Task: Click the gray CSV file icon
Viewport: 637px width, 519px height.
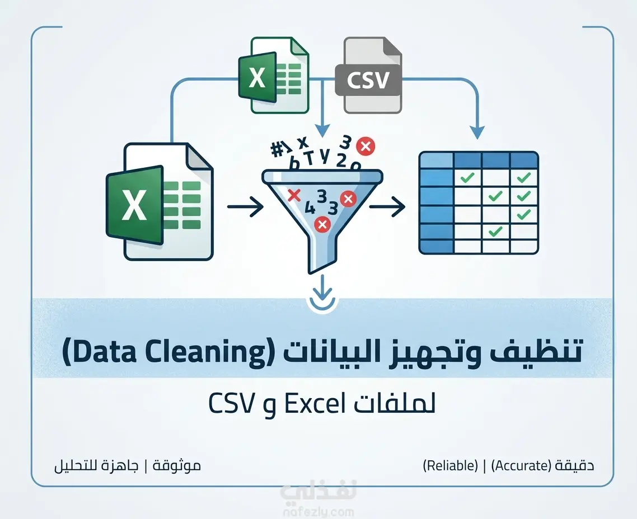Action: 369,76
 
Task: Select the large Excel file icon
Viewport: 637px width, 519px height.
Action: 159,202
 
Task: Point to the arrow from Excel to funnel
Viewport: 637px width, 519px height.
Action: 245,207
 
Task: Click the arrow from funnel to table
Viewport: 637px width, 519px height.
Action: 387,207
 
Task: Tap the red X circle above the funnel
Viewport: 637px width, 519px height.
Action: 365,146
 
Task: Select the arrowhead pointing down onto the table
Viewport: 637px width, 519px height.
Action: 477,133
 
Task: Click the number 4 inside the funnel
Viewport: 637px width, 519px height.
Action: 310,208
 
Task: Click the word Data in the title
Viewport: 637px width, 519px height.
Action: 99,351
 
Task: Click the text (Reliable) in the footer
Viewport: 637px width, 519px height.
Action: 450,466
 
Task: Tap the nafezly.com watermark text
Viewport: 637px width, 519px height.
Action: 318,512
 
